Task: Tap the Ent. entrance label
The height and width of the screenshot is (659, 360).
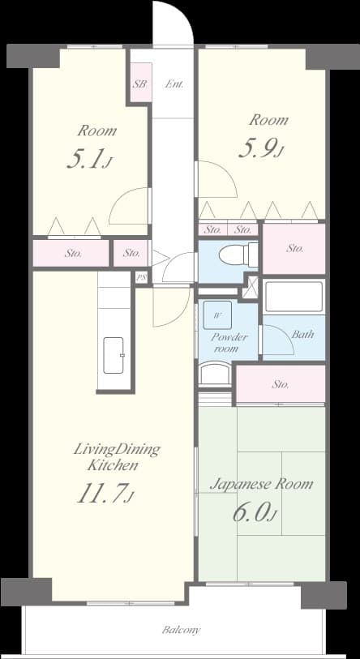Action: [174, 84]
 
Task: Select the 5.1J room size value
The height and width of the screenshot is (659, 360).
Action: [88, 159]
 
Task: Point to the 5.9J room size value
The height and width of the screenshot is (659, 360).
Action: [260, 148]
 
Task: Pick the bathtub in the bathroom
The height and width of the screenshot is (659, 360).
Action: [294, 297]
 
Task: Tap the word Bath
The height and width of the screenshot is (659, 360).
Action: [302, 334]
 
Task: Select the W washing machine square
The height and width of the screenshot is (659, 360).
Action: [218, 315]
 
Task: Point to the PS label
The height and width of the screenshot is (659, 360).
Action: [142, 277]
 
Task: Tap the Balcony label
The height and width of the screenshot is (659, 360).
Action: [181, 630]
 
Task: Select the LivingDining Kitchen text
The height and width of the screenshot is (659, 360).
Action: [116, 457]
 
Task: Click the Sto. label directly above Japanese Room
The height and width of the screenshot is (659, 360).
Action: [281, 384]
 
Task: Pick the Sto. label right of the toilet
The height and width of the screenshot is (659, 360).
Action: [294, 249]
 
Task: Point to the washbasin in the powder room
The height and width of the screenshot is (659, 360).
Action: [215, 373]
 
